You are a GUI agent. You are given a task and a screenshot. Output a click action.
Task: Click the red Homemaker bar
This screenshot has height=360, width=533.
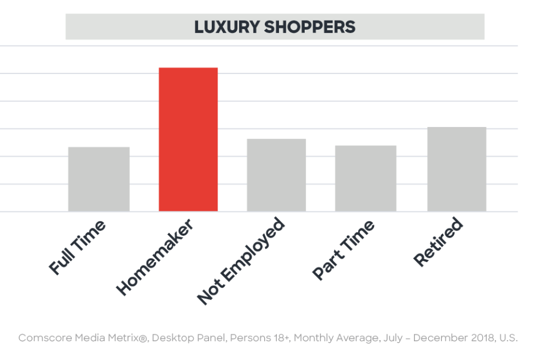[188, 140]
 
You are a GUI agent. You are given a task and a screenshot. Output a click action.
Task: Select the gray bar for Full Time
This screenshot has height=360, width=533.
[99, 179]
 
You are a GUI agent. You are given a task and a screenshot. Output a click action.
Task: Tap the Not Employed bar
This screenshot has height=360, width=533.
[276, 175]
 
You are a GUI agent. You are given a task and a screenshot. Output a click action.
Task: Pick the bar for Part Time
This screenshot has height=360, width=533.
[366, 179]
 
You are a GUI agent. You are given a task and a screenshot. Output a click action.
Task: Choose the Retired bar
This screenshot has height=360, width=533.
[457, 169]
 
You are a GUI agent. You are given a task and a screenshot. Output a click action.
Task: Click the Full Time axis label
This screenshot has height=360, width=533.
[77, 248]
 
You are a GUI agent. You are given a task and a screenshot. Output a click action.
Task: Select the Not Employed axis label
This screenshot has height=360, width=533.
[240, 261]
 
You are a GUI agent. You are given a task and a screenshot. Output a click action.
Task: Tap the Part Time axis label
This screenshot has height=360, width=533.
[343, 249]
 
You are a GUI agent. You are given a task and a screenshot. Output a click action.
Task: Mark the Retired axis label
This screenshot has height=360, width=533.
[438, 242]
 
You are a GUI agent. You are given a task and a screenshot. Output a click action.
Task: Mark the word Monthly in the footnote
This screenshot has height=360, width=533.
[314, 338]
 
